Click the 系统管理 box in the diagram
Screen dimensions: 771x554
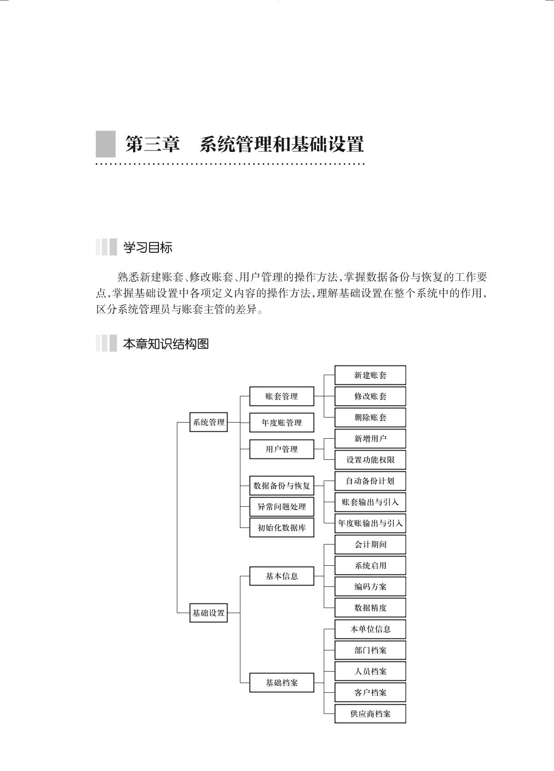coord(209,422)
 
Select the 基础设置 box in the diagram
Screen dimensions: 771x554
coord(209,613)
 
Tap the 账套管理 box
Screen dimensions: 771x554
coord(281,396)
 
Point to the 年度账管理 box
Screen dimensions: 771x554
coord(281,423)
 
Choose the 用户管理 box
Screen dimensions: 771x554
coord(281,449)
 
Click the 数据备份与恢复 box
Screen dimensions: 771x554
coord(281,486)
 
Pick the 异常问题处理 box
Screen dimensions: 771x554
coord(281,507)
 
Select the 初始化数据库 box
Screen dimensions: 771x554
coord(281,528)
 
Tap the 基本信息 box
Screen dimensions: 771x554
coord(281,576)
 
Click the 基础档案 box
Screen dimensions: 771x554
coord(281,683)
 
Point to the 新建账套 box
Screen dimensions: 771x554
coord(370,375)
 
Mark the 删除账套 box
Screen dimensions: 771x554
coord(370,417)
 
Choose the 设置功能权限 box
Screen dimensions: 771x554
coord(370,460)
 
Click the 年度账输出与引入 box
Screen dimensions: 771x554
coord(370,523)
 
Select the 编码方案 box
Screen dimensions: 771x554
coord(370,587)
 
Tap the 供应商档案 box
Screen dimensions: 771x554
coord(370,714)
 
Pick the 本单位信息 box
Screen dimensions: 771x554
coord(370,629)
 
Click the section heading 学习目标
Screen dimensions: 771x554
coord(147,248)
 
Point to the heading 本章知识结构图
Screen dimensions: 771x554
coord(166,344)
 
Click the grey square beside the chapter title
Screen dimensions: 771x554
coord(105,144)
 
